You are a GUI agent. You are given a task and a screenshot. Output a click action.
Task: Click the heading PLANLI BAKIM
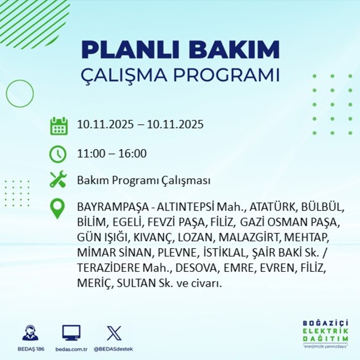[x=180, y=49]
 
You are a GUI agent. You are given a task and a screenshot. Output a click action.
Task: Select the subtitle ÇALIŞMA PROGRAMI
[x=180, y=75]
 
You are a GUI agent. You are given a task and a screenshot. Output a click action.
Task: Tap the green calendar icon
[x=58, y=125]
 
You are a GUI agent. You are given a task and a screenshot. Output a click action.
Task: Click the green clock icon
[x=58, y=153]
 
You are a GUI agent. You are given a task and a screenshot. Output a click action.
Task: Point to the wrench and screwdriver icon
[x=58, y=181]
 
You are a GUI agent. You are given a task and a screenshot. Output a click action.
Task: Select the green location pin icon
[x=58, y=209]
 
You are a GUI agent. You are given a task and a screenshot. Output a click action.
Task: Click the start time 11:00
[x=89, y=154]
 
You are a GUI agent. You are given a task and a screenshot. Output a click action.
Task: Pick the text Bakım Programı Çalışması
[x=143, y=181]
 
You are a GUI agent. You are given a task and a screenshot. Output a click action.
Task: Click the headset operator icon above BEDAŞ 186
[x=30, y=332]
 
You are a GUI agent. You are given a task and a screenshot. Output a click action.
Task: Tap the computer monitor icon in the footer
[x=71, y=332]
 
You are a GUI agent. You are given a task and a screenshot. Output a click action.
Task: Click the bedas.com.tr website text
[x=71, y=349]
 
